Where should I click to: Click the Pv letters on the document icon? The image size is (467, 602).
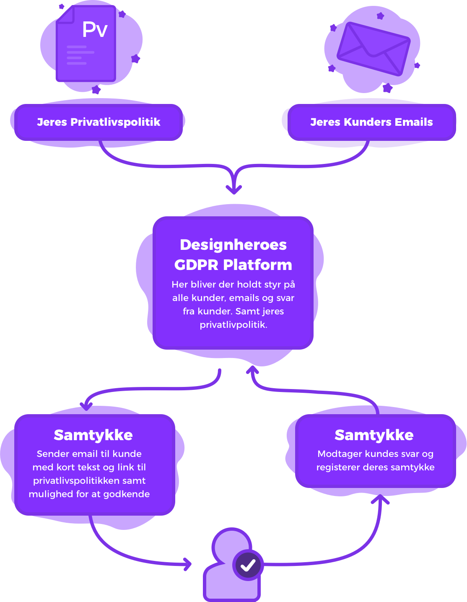point(95,29)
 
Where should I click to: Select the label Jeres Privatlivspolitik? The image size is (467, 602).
point(99,122)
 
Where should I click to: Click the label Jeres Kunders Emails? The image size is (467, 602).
point(371,122)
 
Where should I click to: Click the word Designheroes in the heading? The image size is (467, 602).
point(233,244)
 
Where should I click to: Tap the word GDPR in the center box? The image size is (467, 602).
point(196,265)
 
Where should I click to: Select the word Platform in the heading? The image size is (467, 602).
point(257,265)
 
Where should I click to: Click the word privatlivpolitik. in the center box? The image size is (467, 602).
point(233,325)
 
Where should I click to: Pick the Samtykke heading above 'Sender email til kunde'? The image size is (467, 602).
point(93,435)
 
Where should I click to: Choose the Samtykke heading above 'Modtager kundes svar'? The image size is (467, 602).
point(374,435)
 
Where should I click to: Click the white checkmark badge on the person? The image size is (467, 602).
point(248,565)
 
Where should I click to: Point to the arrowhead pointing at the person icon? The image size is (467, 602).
point(187,564)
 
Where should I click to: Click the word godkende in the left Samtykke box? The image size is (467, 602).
point(127,494)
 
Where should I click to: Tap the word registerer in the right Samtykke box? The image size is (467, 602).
point(336,467)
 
